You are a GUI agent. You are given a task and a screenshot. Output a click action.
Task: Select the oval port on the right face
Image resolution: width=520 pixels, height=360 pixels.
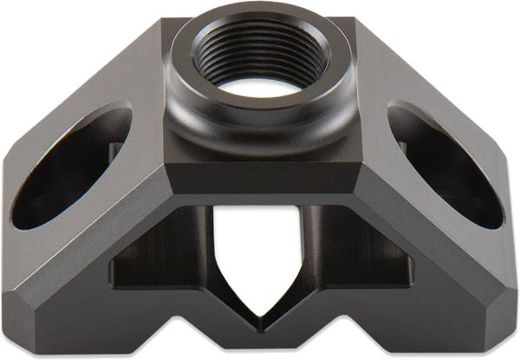click(446, 165)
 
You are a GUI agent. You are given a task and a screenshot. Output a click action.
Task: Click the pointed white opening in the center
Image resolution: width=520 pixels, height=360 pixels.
click(260, 252)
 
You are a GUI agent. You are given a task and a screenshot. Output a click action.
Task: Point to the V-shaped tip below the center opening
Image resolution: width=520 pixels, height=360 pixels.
click(260, 326)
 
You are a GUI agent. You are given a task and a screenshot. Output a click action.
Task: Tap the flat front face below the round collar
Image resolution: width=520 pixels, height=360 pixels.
click(260, 178)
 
